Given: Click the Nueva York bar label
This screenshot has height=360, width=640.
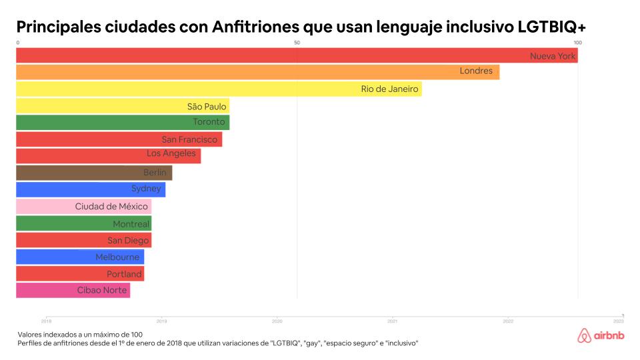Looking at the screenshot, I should click(x=552, y=56).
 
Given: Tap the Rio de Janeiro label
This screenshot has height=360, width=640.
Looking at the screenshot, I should click(x=389, y=89).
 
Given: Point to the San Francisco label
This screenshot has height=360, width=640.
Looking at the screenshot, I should click(x=189, y=139).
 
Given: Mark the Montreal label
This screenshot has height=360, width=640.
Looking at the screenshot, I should click(x=131, y=224).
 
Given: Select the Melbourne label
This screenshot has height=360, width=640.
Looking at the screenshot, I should click(x=117, y=257).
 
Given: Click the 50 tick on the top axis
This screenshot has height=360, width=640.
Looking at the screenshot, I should click(x=297, y=43).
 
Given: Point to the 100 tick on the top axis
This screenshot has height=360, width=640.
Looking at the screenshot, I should click(x=577, y=43).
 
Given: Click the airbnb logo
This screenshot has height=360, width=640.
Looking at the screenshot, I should click(x=602, y=336).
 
